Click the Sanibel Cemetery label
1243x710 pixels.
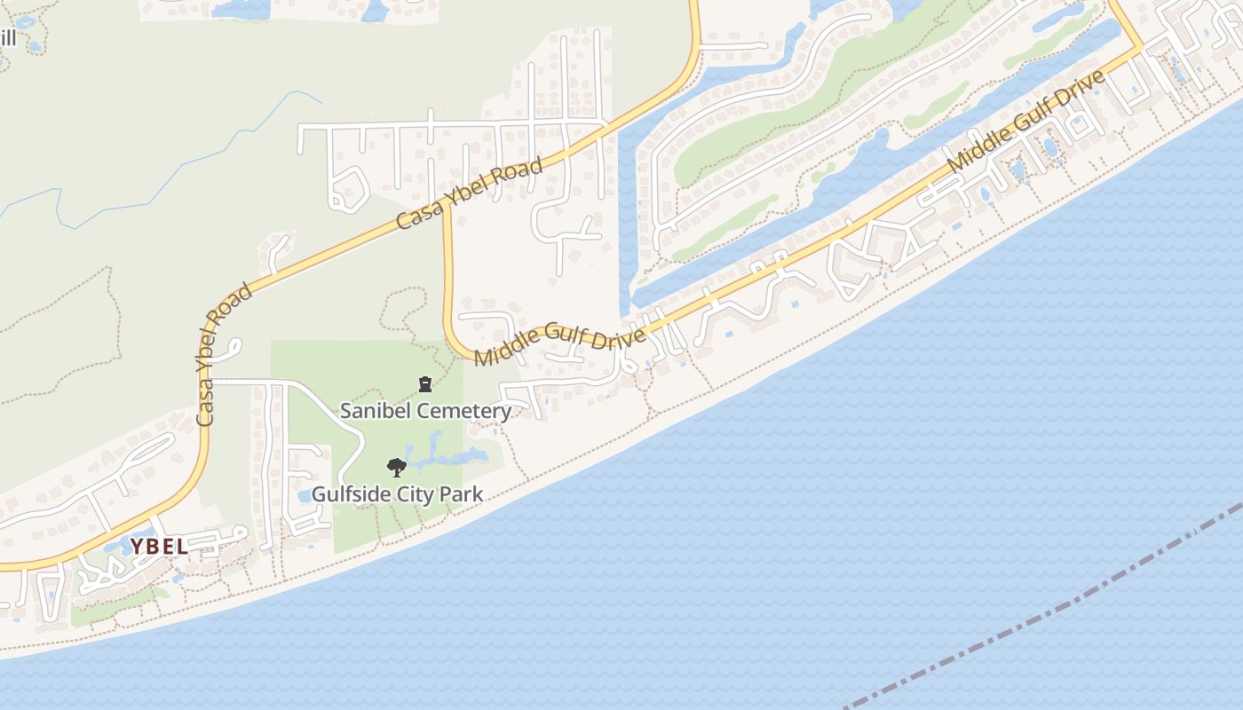(x=425, y=411)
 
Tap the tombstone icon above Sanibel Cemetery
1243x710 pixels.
(x=425, y=384)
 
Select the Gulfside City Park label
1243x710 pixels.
(x=397, y=494)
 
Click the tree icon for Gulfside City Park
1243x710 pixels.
(x=397, y=467)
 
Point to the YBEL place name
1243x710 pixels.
(x=160, y=547)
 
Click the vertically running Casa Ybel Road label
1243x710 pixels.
(x=222, y=355)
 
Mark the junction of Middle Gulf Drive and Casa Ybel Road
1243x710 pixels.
(x=447, y=215)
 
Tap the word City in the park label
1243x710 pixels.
(x=417, y=494)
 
